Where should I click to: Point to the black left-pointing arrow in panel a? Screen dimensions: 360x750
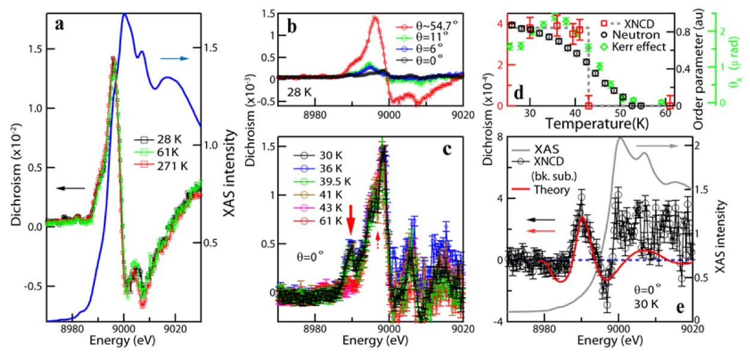click(70, 188)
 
